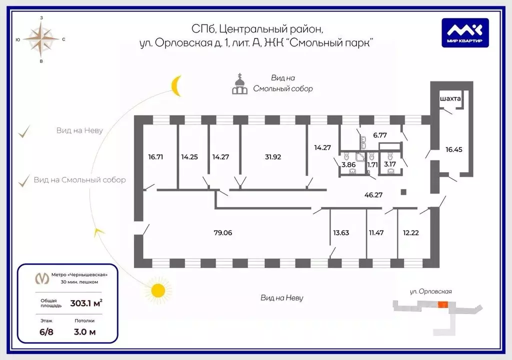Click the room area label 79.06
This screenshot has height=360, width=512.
click(222, 232)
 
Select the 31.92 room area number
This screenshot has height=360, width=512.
click(273, 156)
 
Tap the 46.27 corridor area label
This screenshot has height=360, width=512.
click(373, 194)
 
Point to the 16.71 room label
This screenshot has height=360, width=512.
click(155, 156)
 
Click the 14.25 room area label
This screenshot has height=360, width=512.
click(189, 156)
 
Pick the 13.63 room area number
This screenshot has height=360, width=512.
click(341, 232)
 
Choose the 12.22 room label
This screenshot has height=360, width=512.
click(411, 232)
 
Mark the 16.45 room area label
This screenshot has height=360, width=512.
click(454, 148)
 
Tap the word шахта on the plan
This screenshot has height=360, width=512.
click(450, 99)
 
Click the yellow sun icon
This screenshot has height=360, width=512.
click(158, 290)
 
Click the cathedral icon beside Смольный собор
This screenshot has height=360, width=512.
click(240, 84)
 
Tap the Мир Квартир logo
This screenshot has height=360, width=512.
click(464, 33)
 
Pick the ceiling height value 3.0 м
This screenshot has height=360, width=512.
click(84, 331)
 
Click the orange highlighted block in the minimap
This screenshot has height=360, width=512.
click(442, 304)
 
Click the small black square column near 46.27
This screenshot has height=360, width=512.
click(403, 191)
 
